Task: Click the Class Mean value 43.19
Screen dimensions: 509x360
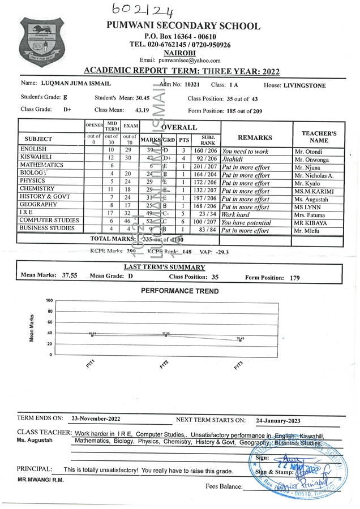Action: click(x=142, y=110)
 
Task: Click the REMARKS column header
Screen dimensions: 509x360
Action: click(x=255, y=137)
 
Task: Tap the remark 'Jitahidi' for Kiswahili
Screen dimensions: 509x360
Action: click(x=234, y=159)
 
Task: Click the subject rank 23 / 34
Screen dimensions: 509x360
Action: click(x=203, y=215)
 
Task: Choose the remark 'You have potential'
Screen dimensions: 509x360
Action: click(x=247, y=223)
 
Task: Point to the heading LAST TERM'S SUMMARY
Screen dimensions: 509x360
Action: click(x=164, y=267)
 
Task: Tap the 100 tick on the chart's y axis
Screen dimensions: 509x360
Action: click(x=49, y=301)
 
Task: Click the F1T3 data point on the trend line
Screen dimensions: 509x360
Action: click(x=240, y=340)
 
